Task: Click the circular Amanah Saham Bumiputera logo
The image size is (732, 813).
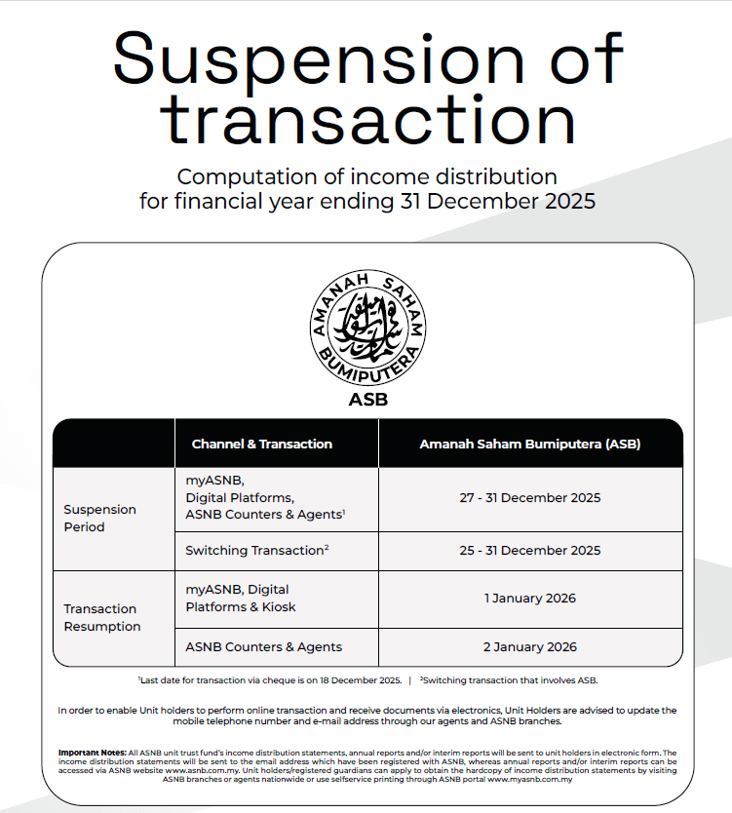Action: coord(366,328)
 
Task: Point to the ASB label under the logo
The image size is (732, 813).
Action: coord(366,399)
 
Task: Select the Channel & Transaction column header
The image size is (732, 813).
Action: coord(261,444)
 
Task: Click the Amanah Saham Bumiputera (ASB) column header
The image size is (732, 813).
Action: coord(529,444)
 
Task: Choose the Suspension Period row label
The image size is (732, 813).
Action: coord(99,518)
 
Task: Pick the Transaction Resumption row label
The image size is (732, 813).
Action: coord(102,617)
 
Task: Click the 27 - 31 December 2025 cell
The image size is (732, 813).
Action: coord(529,497)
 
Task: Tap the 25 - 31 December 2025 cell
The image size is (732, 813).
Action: coord(529,550)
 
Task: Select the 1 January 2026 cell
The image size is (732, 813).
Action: coord(529,598)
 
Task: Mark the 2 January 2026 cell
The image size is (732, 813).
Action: coord(529,646)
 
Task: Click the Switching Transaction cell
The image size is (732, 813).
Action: coord(256,550)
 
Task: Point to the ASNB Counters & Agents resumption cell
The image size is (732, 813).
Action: coord(263,646)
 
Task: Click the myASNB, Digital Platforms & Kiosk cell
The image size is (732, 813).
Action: coord(241,598)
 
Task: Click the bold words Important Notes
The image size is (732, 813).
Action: coord(92,753)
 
